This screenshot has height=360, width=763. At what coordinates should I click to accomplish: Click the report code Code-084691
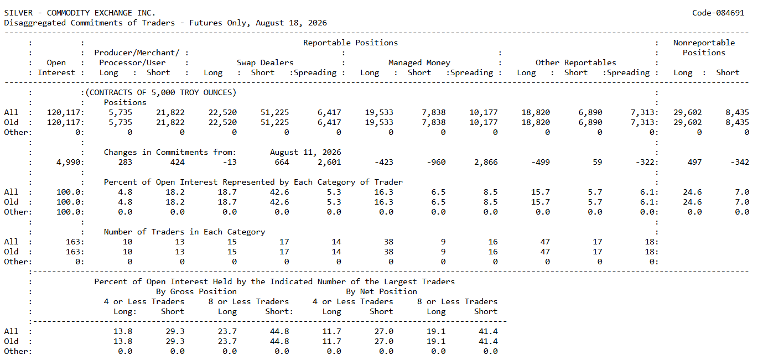click(x=718, y=13)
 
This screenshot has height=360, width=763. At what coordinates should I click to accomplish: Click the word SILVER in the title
click(x=18, y=13)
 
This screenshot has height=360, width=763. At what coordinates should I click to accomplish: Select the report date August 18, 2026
click(x=291, y=23)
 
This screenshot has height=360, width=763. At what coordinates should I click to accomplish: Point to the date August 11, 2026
click(x=305, y=152)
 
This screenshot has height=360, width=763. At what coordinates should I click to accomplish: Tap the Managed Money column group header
click(x=419, y=62)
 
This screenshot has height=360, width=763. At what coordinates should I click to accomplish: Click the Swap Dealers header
click(x=265, y=62)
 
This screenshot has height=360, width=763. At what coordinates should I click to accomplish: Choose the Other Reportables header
click(x=575, y=62)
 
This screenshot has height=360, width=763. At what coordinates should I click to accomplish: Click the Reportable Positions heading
click(x=350, y=43)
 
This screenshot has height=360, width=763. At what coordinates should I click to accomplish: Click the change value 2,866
click(x=486, y=162)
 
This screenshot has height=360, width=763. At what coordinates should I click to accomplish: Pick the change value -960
click(x=436, y=162)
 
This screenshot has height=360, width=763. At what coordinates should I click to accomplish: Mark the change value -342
click(x=740, y=162)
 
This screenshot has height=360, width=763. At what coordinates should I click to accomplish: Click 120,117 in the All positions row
click(x=64, y=112)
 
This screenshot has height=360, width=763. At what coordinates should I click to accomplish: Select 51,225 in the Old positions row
click(x=274, y=122)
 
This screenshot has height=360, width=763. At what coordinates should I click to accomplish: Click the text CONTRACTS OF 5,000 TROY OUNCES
click(x=161, y=93)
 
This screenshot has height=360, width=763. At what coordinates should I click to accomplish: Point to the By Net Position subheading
click(x=382, y=291)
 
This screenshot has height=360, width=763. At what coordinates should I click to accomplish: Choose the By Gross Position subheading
click(x=196, y=291)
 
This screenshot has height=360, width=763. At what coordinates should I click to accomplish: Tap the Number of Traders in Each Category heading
click(x=184, y=232)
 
